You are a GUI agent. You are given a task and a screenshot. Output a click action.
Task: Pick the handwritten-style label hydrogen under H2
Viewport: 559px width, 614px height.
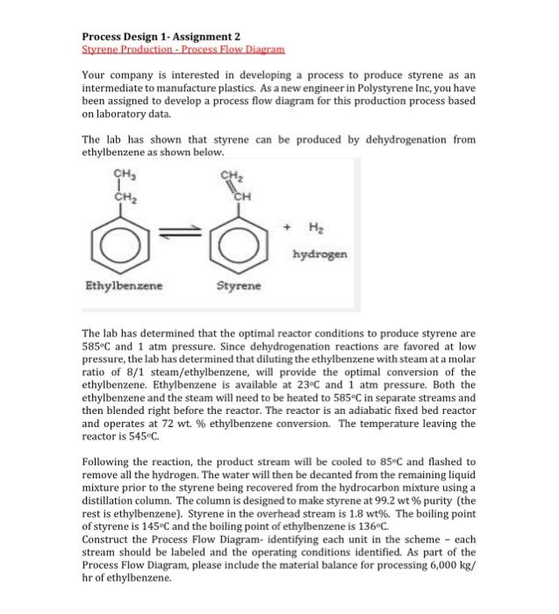322,253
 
